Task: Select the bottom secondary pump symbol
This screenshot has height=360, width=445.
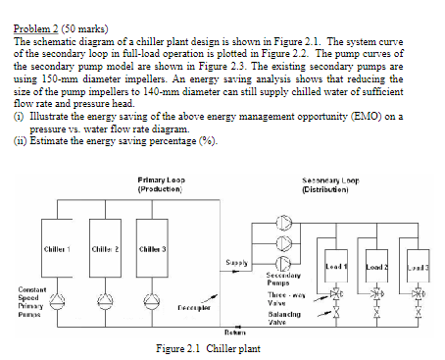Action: click(283, 262)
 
